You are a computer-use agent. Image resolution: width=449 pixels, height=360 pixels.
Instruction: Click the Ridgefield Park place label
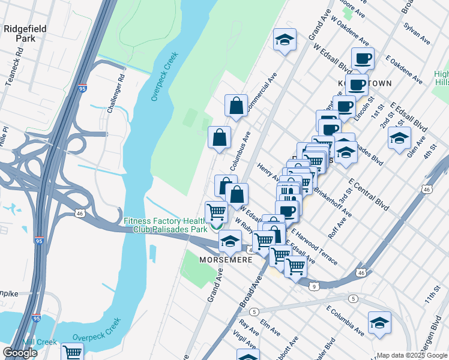[x=22, y=32]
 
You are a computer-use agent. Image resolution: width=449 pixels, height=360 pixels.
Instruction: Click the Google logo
[x=20, y=353]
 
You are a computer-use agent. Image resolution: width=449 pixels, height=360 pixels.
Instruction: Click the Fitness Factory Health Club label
[x=166, y=225]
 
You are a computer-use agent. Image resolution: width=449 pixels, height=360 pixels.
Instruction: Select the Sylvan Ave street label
[x=417, y=35]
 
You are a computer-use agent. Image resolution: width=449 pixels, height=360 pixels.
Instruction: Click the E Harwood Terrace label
[x=314, y=247]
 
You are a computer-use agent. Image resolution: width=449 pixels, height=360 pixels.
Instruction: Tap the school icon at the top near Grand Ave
[x=285, y=40]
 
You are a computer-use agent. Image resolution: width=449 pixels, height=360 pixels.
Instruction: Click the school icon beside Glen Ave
[x=399, y=138]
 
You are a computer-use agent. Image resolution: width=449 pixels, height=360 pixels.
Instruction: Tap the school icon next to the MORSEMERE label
[x=229, y=241]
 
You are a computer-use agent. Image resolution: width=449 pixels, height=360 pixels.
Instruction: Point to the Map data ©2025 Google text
[x=412, y=355]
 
